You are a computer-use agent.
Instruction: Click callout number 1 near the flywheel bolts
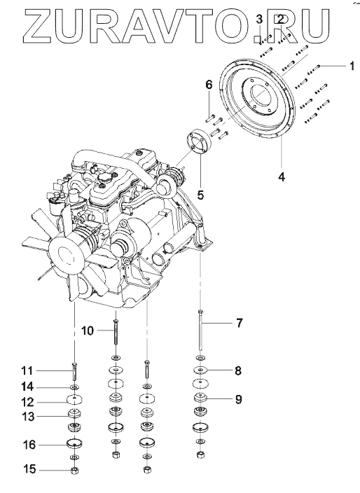tap(352, 66)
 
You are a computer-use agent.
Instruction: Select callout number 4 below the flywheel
tap(282, 177)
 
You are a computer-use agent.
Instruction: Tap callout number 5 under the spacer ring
tap(200, 195)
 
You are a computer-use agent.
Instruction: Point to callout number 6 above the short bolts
tap(209, 85)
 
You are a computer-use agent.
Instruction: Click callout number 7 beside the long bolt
tap(240, 323)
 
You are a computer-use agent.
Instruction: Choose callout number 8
tap(238, 370)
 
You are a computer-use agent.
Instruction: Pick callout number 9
tap(239, 400)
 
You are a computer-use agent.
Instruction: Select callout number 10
tap(88, 331)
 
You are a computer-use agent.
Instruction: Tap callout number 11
tap(27, 370)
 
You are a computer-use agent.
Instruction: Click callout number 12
tap(28, 402)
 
